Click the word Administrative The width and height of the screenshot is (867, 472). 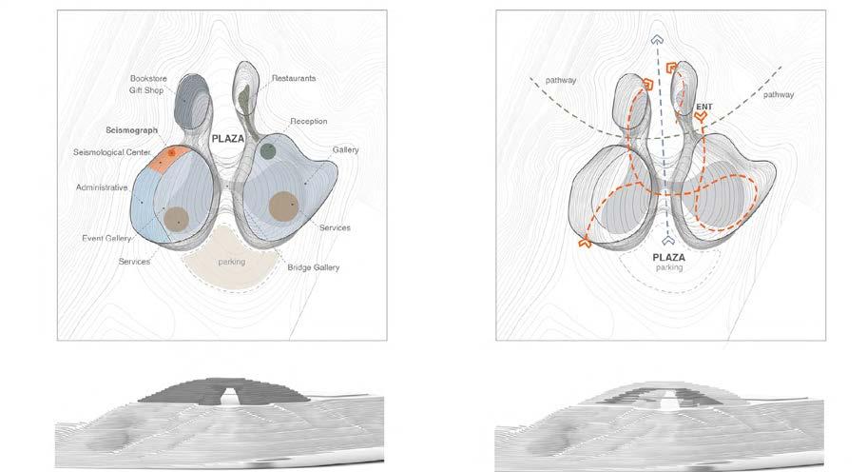click(x=102, y=187)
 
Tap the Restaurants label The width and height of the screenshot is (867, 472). click(x=293, y=78)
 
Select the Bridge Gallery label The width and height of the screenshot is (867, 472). click(x=314, y=267)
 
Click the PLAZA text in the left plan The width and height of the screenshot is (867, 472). click(x=228, y=138)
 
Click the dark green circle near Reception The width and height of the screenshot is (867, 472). click(x=268, y=150)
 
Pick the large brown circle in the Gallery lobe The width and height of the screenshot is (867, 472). click(x=282, y=206)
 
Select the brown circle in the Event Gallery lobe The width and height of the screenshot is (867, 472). click(x=176, y=219)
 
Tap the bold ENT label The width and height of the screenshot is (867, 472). click(x=704, y=107)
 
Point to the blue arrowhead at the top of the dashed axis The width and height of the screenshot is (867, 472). click(x=656, y=40)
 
